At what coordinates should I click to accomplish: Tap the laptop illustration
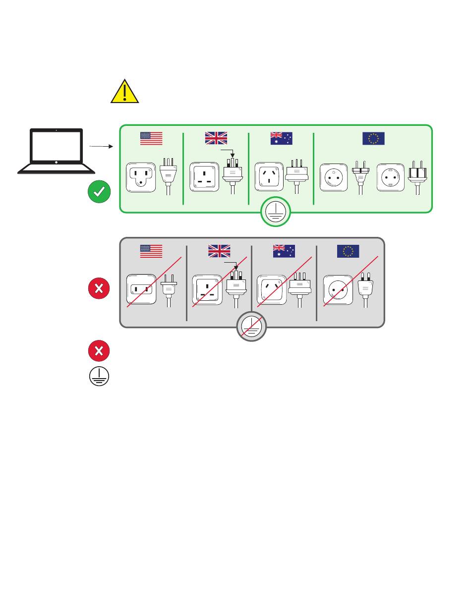(56, 151)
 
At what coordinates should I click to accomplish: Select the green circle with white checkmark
(99, 192)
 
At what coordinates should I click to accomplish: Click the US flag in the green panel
(151, 138)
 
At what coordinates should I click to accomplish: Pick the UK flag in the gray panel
(219, 251)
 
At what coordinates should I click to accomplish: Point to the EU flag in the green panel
(373, 138)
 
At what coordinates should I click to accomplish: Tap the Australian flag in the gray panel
(284, 251)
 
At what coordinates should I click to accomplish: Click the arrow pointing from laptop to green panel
(101, 146)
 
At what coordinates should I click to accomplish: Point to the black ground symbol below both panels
(99, 376)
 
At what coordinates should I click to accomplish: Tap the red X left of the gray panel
(99, 289)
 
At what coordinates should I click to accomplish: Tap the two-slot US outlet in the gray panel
(142, 289)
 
